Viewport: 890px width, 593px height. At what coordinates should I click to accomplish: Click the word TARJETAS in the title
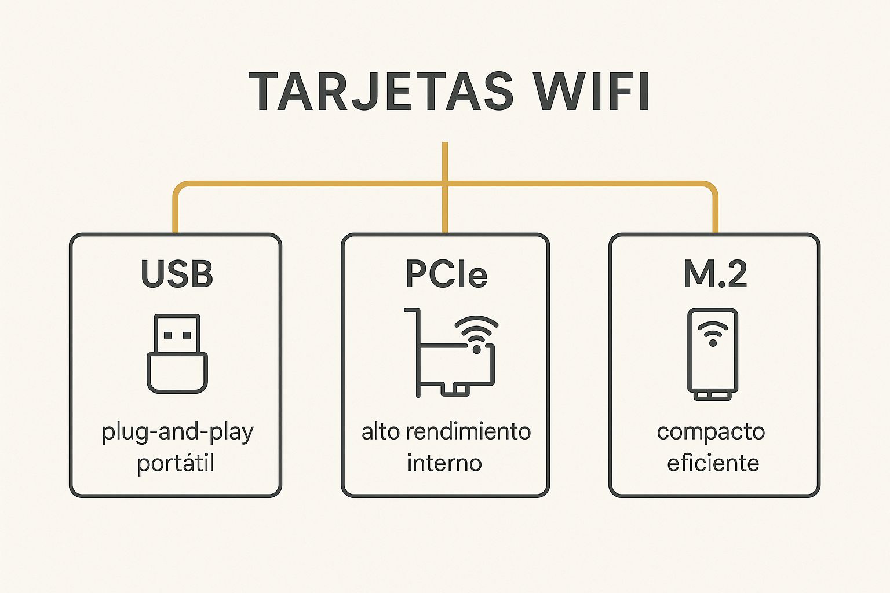coord(381,91)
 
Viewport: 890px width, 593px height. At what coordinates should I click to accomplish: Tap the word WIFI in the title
coord(591,91)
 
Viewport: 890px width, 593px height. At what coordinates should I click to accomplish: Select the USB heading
coord(177,274)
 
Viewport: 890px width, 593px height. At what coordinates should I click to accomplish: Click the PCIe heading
coord(446,274)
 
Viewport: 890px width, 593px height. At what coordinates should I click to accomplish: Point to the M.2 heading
coord(715,274)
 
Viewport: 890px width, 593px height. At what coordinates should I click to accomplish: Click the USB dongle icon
coord(177,353)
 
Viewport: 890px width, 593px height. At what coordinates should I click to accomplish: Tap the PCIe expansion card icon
coord(451,352)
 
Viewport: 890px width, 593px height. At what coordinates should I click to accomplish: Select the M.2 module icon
coord(713,354)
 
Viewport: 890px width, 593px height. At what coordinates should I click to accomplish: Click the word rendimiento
coord(468,432)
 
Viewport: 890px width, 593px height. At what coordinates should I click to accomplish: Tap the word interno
coord(444,463)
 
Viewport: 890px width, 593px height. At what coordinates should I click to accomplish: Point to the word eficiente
coord(713,463)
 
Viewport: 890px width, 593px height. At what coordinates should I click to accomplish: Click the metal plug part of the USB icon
coord(177,334)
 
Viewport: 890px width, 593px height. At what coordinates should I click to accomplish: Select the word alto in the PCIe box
coord(380,432)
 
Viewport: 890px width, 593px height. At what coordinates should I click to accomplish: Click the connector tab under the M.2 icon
coord(713,396)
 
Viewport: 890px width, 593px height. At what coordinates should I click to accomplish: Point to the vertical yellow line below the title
coord(445,187)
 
